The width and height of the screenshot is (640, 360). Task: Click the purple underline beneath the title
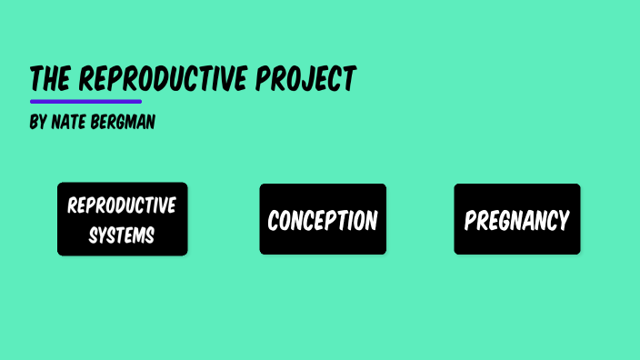pyautogui.click(x=85, y=101)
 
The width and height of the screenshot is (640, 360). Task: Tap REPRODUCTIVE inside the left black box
pyautogui.click(x=122, y=205)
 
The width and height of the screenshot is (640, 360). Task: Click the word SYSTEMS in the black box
pyautogui.click(x=122, y=235)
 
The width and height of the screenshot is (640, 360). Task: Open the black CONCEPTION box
pyautogui.click(x=323, y=219)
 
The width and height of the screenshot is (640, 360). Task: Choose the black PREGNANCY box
pyautogui.click(x=516, y=219)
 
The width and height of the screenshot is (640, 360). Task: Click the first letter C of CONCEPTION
pyautogui.click(x=274, y=221)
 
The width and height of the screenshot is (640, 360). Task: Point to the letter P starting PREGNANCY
pyautogui.click(x=469, y=221)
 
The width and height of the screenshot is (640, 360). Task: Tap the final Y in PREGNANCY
pyautogui.click(x=564, y=221)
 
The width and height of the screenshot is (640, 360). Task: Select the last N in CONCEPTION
pyautogui.click(x=371, y=221)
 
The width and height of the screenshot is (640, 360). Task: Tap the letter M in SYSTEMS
pyautogui.click(x=137, y=235)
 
